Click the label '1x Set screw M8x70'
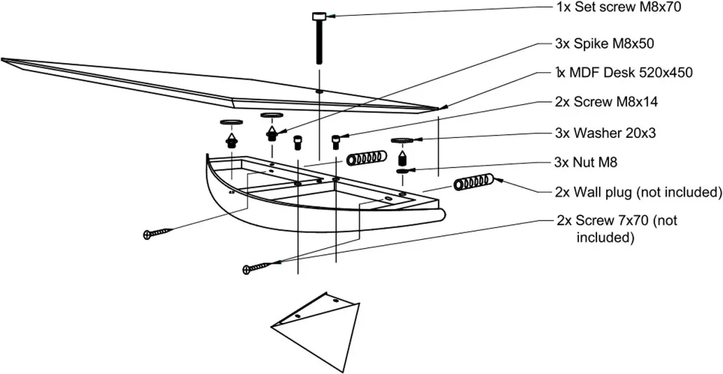pos(619,7)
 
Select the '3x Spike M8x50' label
pos(604,43)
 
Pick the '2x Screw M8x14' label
pos(606,102)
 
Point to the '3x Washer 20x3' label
pos(606,133)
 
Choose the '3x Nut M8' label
pos(586,163)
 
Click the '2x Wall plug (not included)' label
pos(639,192)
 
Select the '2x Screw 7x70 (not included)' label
pos(617,229)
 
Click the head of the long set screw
pos(319,16)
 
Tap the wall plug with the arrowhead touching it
pos(474,182)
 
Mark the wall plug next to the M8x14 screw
pos(366,158)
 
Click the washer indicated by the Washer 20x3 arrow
pos(402,140)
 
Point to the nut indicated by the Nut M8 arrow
pos(402,171)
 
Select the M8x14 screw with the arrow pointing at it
pos(336,142)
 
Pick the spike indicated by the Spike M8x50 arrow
pos(272,134)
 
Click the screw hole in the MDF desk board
pos(319,92)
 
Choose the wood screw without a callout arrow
pos(158,233)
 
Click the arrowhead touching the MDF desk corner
pos(443,107)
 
